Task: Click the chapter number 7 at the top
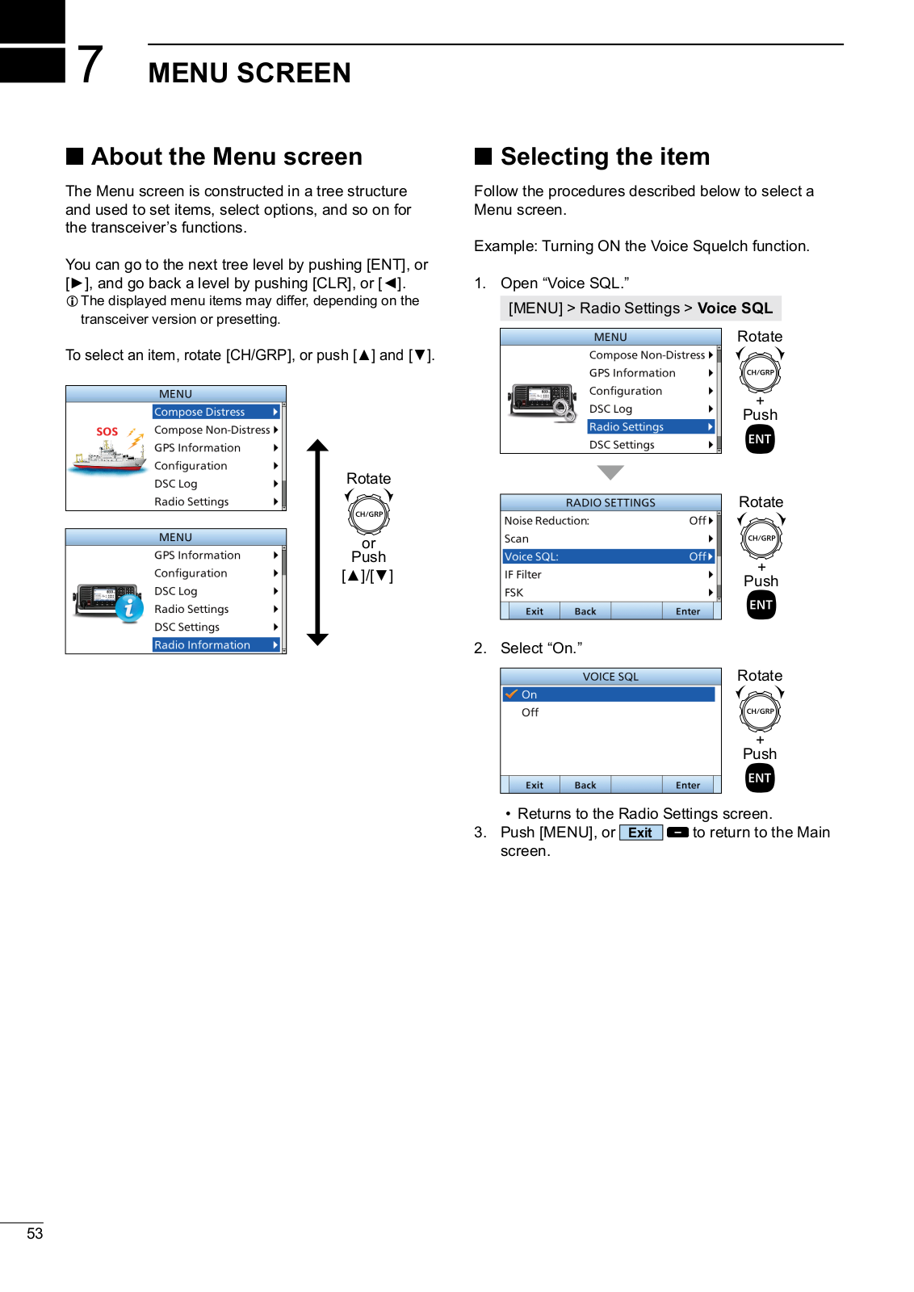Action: click(x=90, y=65)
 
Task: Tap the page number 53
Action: click(x=35, y=1233)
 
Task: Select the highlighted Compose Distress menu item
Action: click(x=216, y=412)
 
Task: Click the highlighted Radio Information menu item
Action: click(x=216, y=645)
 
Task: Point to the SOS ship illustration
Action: click(x=107, y=453)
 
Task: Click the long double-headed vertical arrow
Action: click(x=318, y=542)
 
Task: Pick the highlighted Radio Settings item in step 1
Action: click(x=650, y=427)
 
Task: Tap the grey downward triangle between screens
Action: click(x=610, y=472)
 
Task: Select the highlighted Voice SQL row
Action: click(x=608, y=556)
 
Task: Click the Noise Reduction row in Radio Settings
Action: click(x=608, y=521)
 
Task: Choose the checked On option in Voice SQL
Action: click(x=608, y=694)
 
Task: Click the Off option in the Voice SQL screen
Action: click(x=530, y=712)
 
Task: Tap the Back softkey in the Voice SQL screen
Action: click(x=585, y=785)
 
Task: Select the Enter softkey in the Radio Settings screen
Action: click(x=688, y=611)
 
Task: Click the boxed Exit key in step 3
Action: click(x=640, y=833)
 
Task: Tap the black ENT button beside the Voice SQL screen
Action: click(x=760, y=778)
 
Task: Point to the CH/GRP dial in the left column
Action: click(x=369, y=514)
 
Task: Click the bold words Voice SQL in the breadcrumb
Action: click(x=735, y=308)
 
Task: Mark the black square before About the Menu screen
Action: click(x=75, y=156)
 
